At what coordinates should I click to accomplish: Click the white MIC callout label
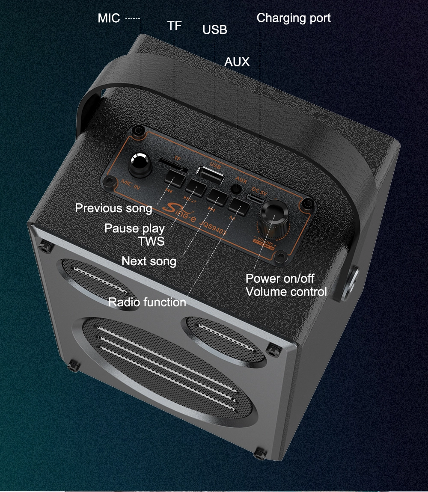click(x=109, y=18)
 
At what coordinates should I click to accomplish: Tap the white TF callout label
click(x=174, y=26)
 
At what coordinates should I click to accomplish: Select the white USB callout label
click(x=215, y=30)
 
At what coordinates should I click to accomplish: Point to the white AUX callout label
click(x=237, y=62)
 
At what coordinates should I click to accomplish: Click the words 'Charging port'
click(x=294, y=18)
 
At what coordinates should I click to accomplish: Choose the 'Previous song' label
click(x=113, y=208)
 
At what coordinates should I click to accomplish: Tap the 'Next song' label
click(x=149, y=261)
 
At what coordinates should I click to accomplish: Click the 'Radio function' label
click(x=147, y=302)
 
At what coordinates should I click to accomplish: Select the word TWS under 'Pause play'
click(x=151, y=241)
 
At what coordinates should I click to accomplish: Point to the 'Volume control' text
click(x=286, y=292)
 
